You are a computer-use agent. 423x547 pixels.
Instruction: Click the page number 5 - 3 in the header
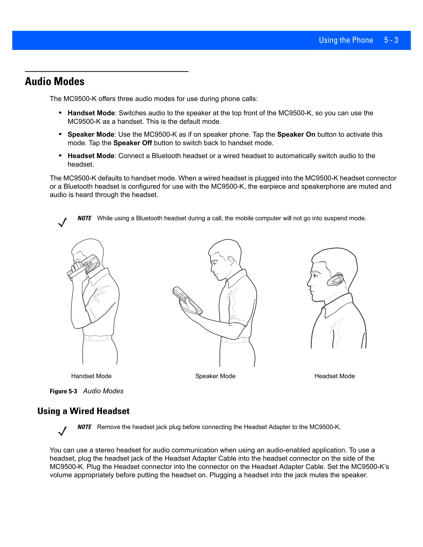click(x=391, y=40)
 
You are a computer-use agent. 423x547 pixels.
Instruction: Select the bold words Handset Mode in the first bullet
click(x=91, y=113)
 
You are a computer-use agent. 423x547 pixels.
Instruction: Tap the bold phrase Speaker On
click(x=296, y=135)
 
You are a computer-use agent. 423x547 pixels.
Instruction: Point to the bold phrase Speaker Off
click(x=133, y=143)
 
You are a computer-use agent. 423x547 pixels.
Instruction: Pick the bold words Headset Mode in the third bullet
click(x=91, y=156)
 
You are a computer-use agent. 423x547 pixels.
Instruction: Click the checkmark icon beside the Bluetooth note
click(x=62, y=222)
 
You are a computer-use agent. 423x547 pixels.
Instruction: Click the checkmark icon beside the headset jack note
click(x=62, y=431)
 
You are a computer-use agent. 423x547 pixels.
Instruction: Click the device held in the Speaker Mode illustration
click(x=187, y=300)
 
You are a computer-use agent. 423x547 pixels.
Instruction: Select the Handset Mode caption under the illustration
click(x=91, y=376)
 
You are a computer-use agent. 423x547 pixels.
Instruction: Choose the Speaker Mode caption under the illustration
click(x=215, y=376)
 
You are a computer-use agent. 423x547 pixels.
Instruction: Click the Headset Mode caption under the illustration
click(x=335, y=376)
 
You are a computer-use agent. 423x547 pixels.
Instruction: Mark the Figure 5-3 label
click(x=63, y=391)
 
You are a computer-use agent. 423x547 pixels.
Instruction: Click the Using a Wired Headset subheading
click(x=83, y=411)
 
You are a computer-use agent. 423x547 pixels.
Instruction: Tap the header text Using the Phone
click(x=346, y=40)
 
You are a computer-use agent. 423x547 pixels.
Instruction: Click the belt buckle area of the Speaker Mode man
click(x=234, y=340)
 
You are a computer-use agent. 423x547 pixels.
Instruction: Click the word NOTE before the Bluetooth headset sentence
click(x=84, y=218)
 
